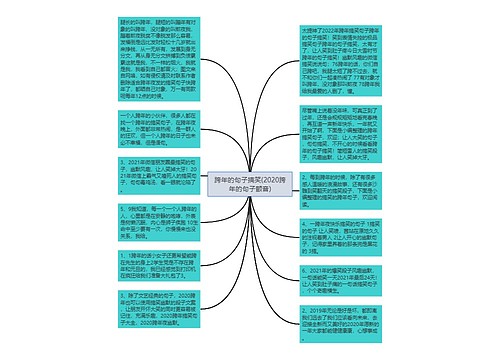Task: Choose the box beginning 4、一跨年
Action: pyautogui.click(x=340, y=233)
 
